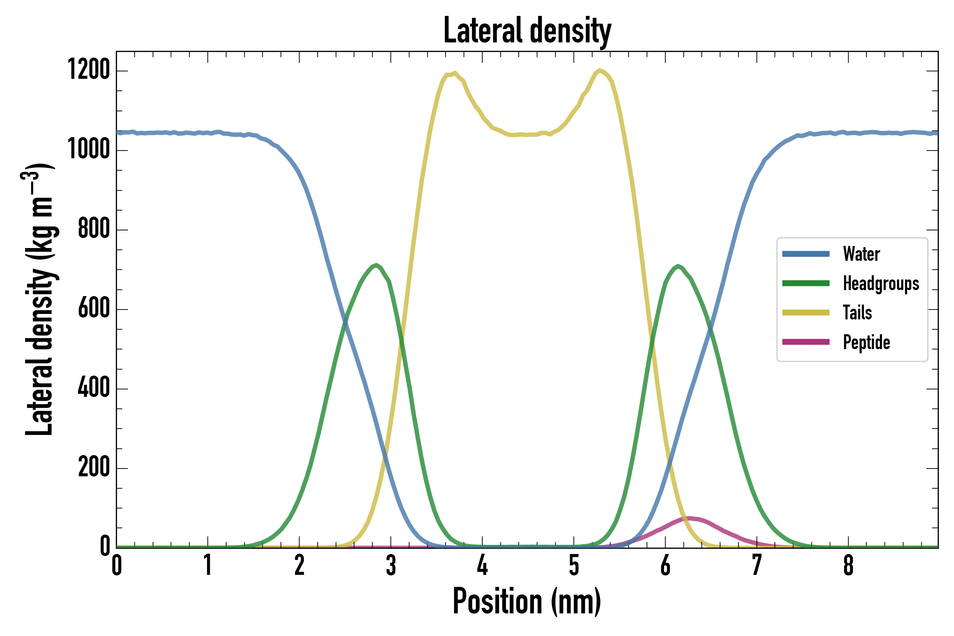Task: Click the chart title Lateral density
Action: [527, 31]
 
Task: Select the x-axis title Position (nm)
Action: [527, 601]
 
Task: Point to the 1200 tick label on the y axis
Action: [89, 69]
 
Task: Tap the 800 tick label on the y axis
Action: [94, 228]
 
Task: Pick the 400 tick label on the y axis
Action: [94, 387]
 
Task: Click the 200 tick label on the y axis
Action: [94, 467]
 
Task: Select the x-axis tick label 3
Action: [390, 565]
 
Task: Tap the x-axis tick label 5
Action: [573, 565]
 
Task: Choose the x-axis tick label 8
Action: [848, 565]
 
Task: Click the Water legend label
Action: [861, 254]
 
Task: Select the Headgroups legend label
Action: [881, 283]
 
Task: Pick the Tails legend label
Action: [857, 313]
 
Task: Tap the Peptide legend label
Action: [866, 342]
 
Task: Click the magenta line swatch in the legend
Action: [806, 342]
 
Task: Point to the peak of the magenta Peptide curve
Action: [690, 518]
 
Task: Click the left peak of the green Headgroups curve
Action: [376, 265]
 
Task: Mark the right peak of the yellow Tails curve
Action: [599, 71]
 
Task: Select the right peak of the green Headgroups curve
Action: [678, 266]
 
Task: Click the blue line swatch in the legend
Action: [806, 254]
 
